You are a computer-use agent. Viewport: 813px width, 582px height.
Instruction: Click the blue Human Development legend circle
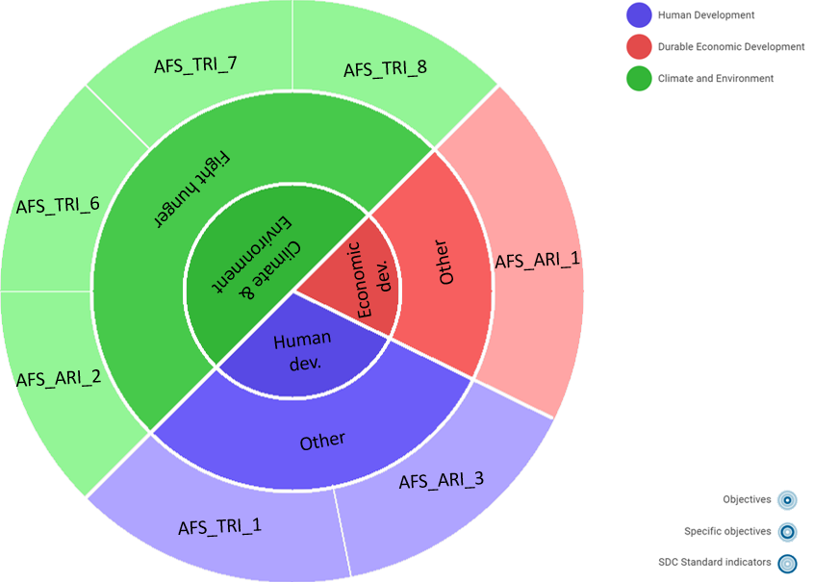(639, 15)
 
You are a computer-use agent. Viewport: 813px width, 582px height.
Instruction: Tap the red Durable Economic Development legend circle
(639, 47)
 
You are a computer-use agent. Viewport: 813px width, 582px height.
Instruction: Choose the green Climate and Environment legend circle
(639, 79)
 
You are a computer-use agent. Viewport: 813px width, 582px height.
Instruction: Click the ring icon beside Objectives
(787, 500)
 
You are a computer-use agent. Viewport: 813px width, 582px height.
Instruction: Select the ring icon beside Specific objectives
(787, 532)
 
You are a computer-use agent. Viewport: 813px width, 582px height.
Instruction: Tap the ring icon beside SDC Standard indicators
(787, 564)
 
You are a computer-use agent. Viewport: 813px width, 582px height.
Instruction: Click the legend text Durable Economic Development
(730, 47)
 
